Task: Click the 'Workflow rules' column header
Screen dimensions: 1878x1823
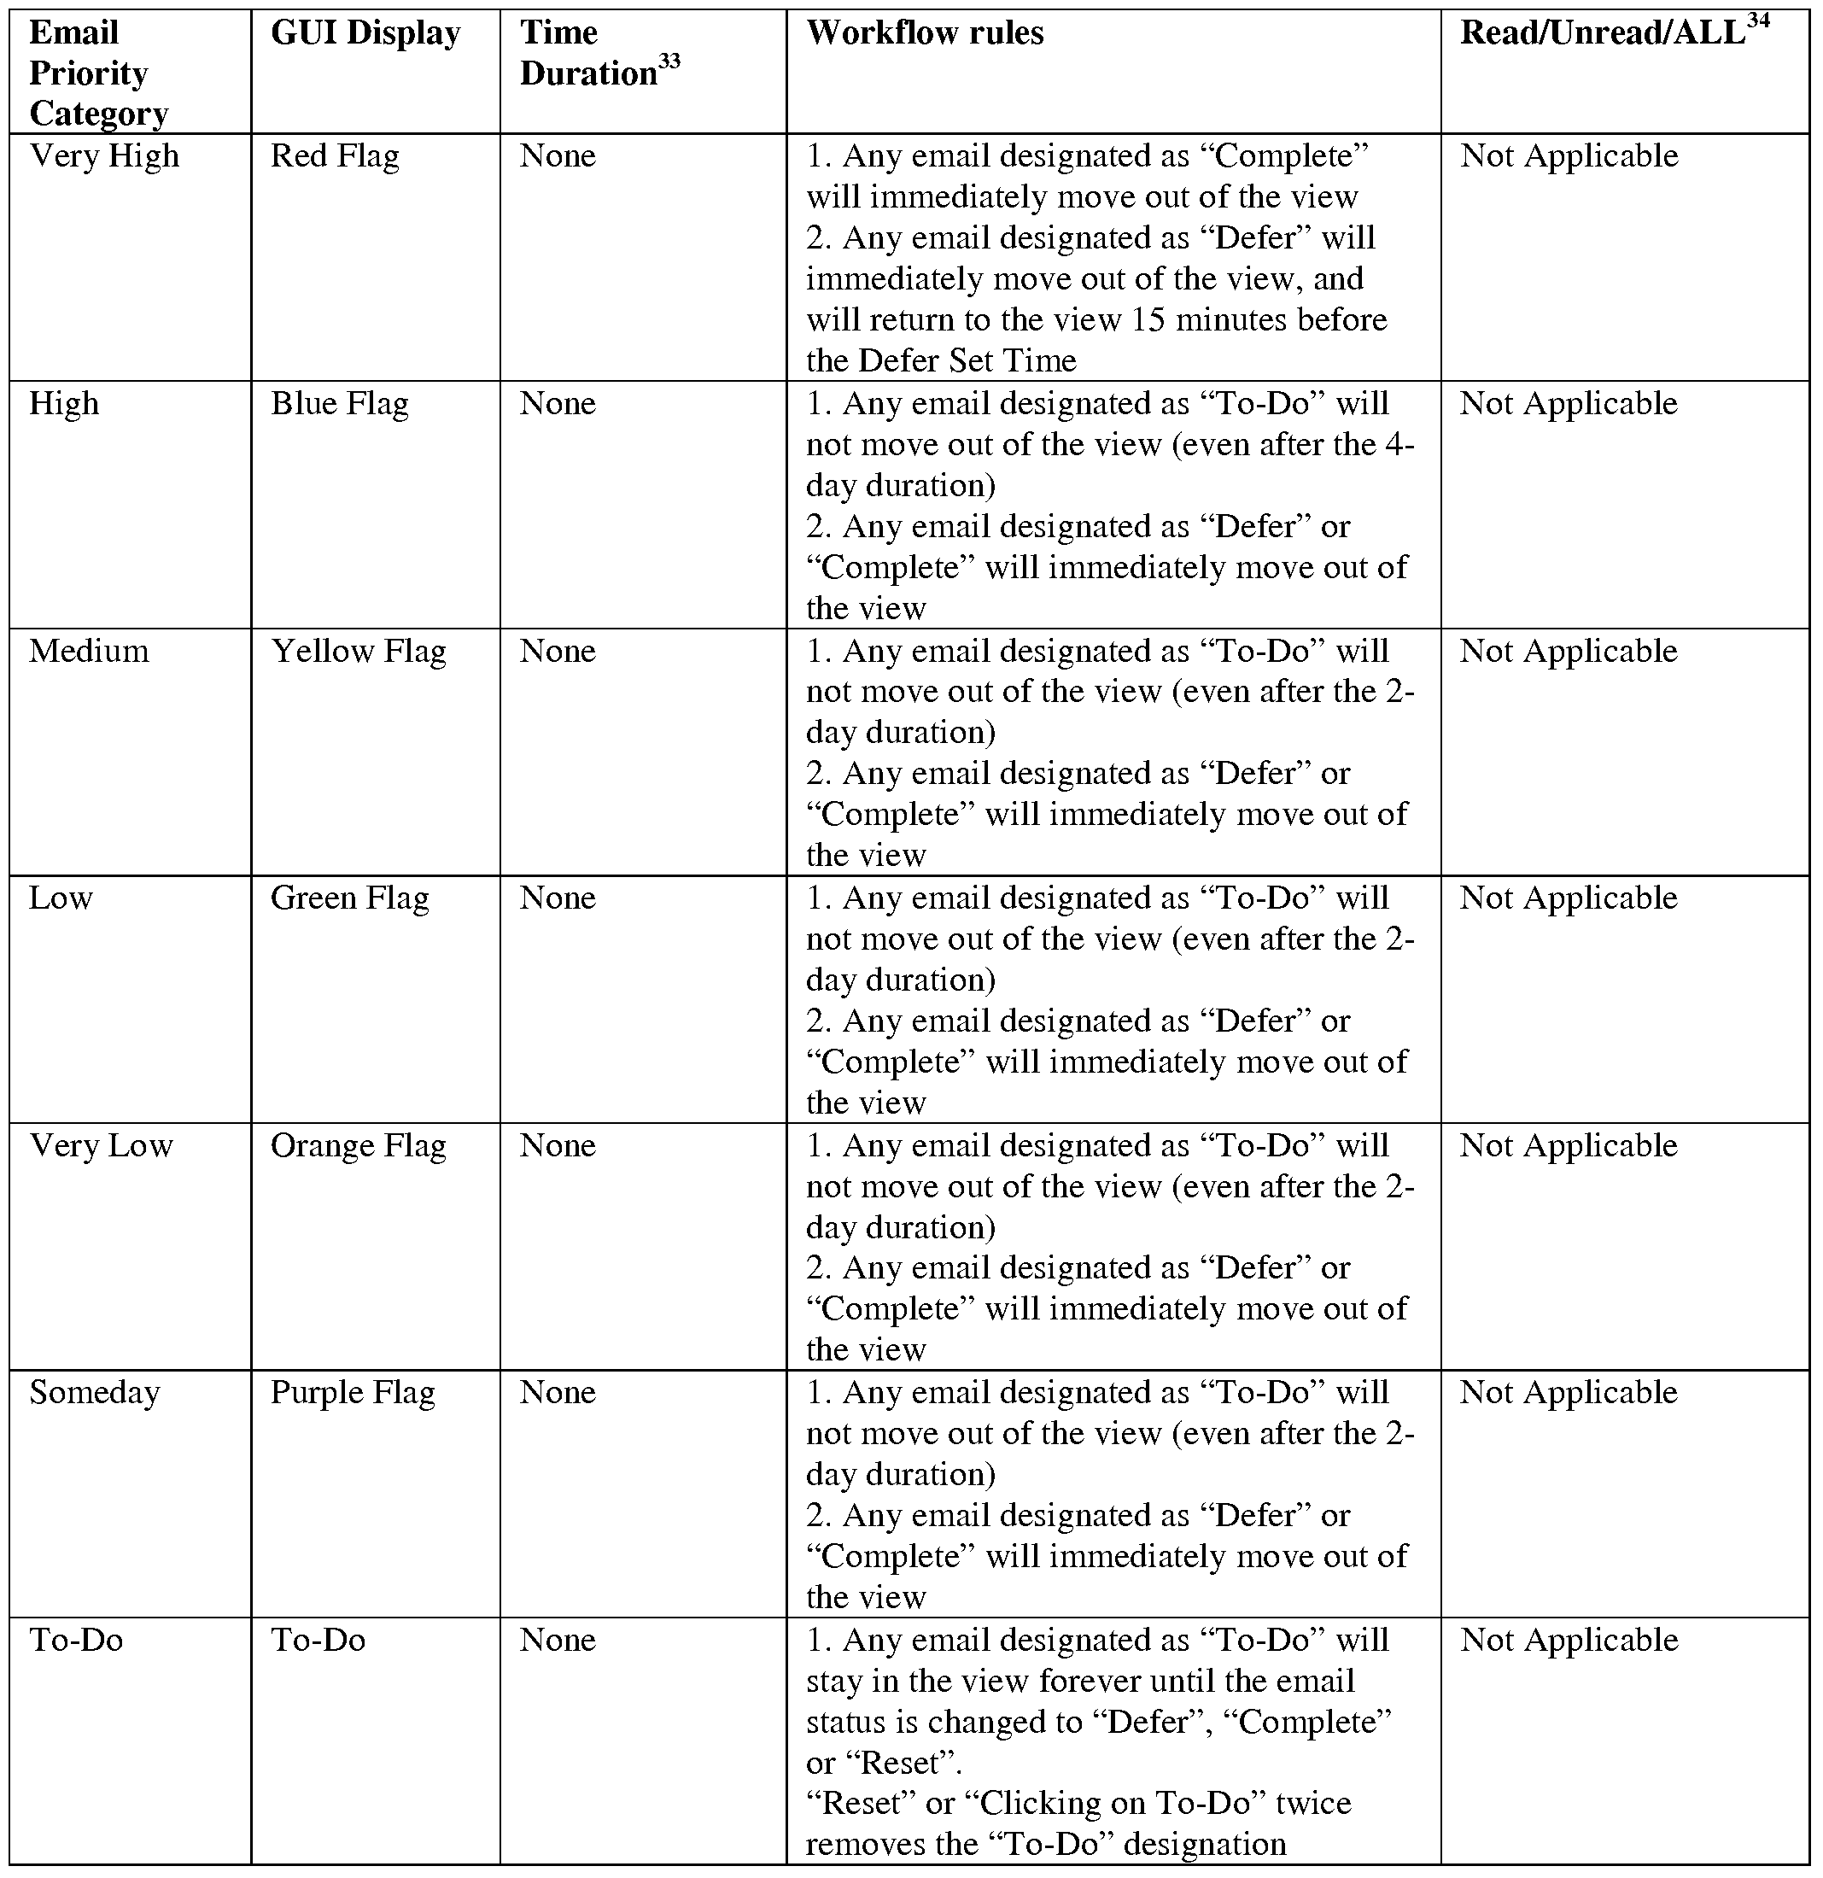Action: click(x=925, y=33)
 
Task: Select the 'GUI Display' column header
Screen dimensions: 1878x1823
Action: click(x=365, y=33)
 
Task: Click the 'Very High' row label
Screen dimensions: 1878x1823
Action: click(x=104, y=156)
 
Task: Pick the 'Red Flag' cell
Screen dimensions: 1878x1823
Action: click(x=335, y=156)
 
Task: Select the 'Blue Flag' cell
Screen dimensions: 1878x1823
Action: click(x=339, y=403)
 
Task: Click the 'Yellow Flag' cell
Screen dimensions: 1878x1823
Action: click(x=359, y=652)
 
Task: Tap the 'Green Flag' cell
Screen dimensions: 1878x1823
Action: click(x=349, y=898)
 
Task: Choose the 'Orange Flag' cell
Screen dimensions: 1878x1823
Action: click(x=359, y=1146)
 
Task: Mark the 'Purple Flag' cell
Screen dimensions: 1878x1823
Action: click(x=353, y=1392)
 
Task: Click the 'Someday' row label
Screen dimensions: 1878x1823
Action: click(x=95, y=1392)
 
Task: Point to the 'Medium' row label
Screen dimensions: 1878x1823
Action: click(x=89, y=652)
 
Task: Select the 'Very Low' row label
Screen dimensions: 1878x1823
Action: click(x=102, y=1146)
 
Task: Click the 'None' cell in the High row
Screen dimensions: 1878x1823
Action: click(x=558, y=403)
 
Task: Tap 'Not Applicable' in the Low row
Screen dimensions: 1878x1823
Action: click(x=1569, y=898)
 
